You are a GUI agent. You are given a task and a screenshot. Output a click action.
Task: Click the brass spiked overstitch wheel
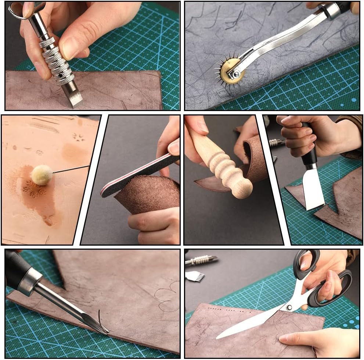[231, 70]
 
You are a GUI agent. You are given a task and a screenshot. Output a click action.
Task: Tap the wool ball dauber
[41, 175]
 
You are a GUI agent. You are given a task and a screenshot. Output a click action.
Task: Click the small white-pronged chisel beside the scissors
[195, 276]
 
